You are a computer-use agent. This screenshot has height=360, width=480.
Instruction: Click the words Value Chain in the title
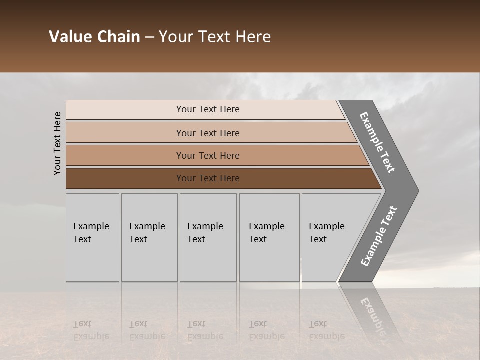coord(94,37)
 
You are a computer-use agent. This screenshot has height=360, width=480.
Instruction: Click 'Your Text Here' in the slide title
coord(215,37)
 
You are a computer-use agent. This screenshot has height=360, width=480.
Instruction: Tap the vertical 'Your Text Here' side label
coord(58,143)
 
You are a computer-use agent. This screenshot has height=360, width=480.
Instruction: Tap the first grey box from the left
coord(92,260)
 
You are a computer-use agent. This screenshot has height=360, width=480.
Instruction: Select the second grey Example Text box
coord(149,260)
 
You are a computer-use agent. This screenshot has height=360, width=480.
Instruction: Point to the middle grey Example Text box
coord(208,260)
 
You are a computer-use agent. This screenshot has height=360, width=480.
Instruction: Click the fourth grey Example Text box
coord(269,260)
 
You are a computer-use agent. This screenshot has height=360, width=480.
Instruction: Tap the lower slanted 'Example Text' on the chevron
coord(378,236)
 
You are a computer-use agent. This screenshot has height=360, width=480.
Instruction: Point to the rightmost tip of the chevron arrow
coord(417,190)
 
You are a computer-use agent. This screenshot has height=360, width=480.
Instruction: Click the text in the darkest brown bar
coord(208,178)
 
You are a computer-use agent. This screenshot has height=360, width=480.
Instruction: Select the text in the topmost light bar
coord(208,109)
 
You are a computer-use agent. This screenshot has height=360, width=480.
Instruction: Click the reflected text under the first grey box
coord(91,330)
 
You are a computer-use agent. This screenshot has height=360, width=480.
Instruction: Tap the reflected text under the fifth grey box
coord(326,330)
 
